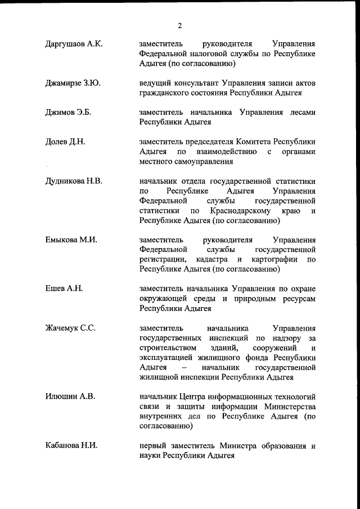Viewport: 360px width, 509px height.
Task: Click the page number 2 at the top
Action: (x=180, y=25)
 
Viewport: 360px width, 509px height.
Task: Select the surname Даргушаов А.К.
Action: (x=74, y=44)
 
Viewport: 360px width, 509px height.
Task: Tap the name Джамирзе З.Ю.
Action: (x=73, y=83)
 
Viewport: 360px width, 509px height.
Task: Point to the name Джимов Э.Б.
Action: (x=68, y=112)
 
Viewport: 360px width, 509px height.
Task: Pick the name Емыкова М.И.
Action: (x=71, y=240)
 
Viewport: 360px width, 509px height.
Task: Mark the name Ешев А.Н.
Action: (x=64, y=289)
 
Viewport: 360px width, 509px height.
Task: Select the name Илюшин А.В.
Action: (x=70, y=397)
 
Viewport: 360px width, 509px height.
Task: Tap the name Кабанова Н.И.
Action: (x=71, y=446)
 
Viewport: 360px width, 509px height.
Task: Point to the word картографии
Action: (x=273, y=260)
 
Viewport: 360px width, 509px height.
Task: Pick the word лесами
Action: (x=301, y=112)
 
